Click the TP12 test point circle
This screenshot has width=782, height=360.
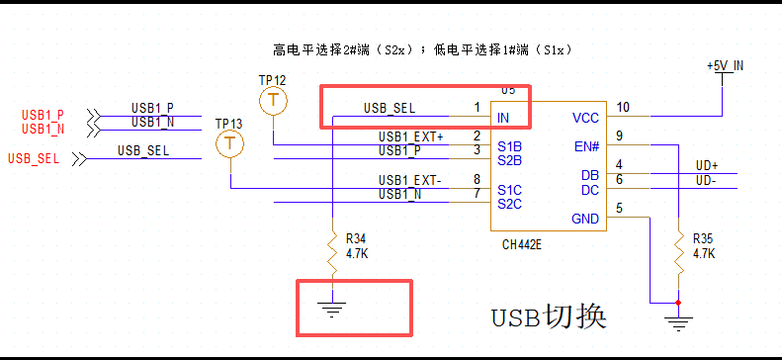point(273,99)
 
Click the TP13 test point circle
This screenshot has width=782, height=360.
point(229,144)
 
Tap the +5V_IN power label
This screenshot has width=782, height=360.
point(725,65)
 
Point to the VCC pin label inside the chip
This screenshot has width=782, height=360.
point(585,118)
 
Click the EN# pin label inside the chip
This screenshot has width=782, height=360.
point(586,146)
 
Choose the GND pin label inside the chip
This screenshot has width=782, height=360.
point(585,219)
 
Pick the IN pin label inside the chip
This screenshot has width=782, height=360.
point(503,118)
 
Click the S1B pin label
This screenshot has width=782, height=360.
point(509,146)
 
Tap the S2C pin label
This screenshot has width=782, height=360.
point(509,204)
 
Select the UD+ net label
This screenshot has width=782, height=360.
point(707,165)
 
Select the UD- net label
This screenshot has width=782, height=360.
point(706,180)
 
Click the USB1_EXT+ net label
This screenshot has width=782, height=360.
point(411,136)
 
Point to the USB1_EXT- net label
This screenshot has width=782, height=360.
point(411,180)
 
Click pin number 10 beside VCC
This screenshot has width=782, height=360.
point(623,107)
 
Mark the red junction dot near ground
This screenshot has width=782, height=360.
point(678,302)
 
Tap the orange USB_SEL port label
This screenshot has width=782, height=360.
point(31,158)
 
